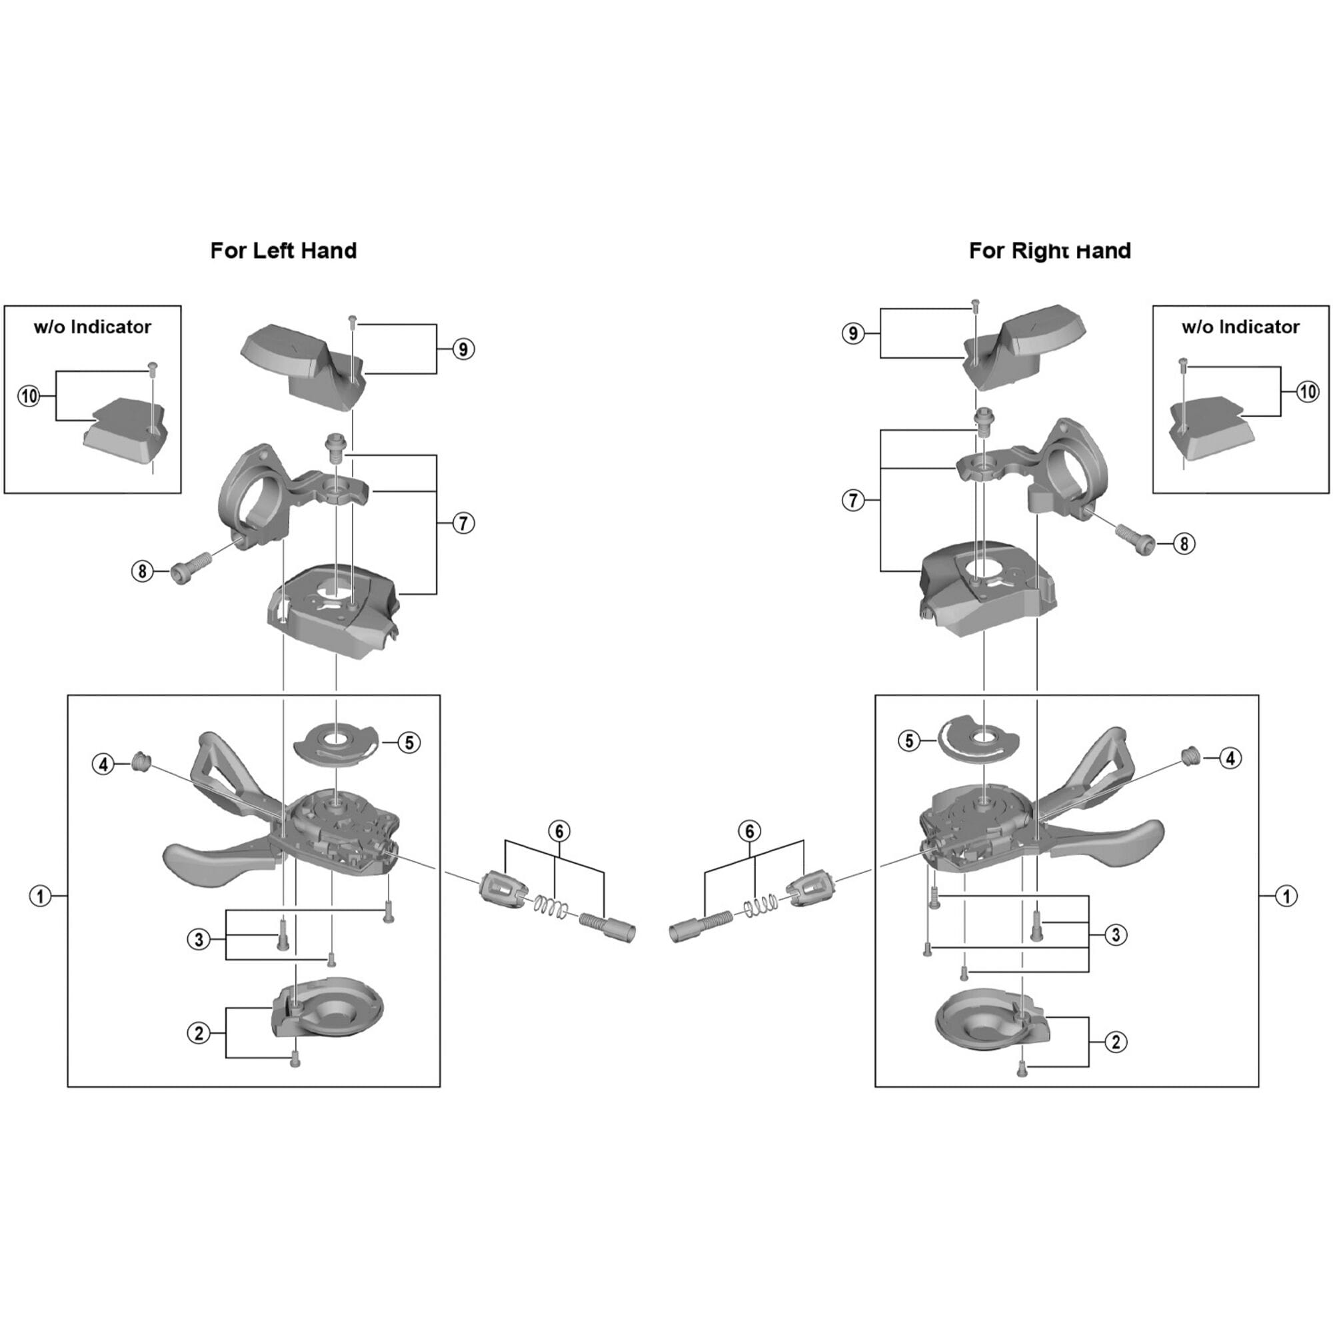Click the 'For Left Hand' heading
(x=283, y=251)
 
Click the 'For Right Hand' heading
(x=1050, y=251)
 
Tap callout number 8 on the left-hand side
(x=142, y=571)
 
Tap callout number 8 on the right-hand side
(x=1184, y=544)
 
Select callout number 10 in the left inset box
(x=29, y=396)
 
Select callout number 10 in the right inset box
(x=1308, y=392)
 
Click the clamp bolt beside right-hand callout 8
(x=1136, y=538)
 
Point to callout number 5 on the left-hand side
(x=409, y=742)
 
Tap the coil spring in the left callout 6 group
(x=553, y=906)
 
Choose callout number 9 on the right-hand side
(x=854, y=334)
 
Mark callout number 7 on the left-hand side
(x=463, y=523)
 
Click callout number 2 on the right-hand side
(x=1116, y=1042)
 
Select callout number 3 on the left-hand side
(x=199, y=939)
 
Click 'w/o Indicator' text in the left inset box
(x=93, y=327)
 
